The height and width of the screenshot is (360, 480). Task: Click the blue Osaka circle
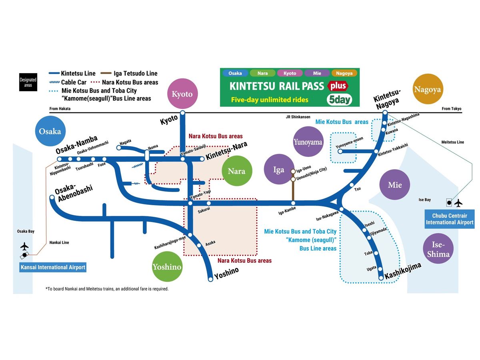tap(50, 131)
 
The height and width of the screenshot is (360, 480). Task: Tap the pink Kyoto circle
tap(182, 94)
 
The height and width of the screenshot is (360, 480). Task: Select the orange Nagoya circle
tap(427, 89)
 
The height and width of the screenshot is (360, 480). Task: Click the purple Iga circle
tap(278, 170)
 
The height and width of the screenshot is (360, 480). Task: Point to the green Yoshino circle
tap(167, 267)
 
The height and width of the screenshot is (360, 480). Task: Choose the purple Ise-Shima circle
tap(438, 249)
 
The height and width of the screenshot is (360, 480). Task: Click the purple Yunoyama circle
tap(308, 142)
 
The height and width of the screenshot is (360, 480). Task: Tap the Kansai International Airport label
tap(53, 267)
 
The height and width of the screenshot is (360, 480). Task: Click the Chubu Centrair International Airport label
tap(449, 219)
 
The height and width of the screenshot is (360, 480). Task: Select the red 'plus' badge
tap(337, 86)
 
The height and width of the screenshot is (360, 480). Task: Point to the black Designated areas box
tap(28, 82)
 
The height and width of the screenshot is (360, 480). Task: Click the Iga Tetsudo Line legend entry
tap(134, 74)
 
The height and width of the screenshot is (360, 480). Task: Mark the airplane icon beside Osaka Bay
tap(24, 246)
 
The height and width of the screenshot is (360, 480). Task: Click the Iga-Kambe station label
tap(287, 213)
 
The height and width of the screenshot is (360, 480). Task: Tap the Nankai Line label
tap(59, 242)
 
